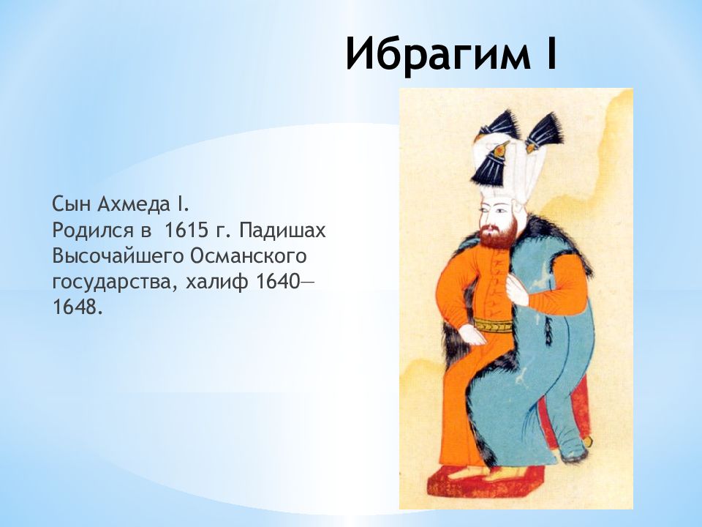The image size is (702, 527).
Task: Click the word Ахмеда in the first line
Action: tap(135, 204)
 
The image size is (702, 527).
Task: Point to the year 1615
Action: tap(186, 231)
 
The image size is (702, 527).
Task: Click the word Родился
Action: tap(93, 231)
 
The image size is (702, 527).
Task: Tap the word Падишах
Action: tap(282, 231)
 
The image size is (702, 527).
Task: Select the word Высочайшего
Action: tap(117, 257)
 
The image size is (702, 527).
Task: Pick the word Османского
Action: tap(249, 256)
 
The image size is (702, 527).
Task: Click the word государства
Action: tap(114, 283)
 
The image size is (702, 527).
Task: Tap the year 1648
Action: tap(74, 308)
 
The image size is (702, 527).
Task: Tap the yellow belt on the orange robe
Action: tap(492, 326)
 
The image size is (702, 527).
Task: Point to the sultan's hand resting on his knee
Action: tap(471, 334)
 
